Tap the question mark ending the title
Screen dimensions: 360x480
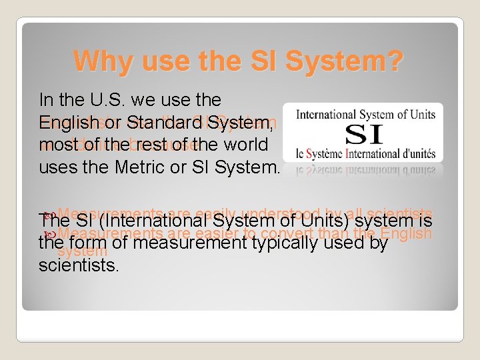click(x=393, y=61)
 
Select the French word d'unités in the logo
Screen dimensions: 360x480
click(x=416, y=153)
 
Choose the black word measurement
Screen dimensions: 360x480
click(x=177, y=244)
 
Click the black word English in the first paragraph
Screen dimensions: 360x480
click(x=65, y=123)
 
